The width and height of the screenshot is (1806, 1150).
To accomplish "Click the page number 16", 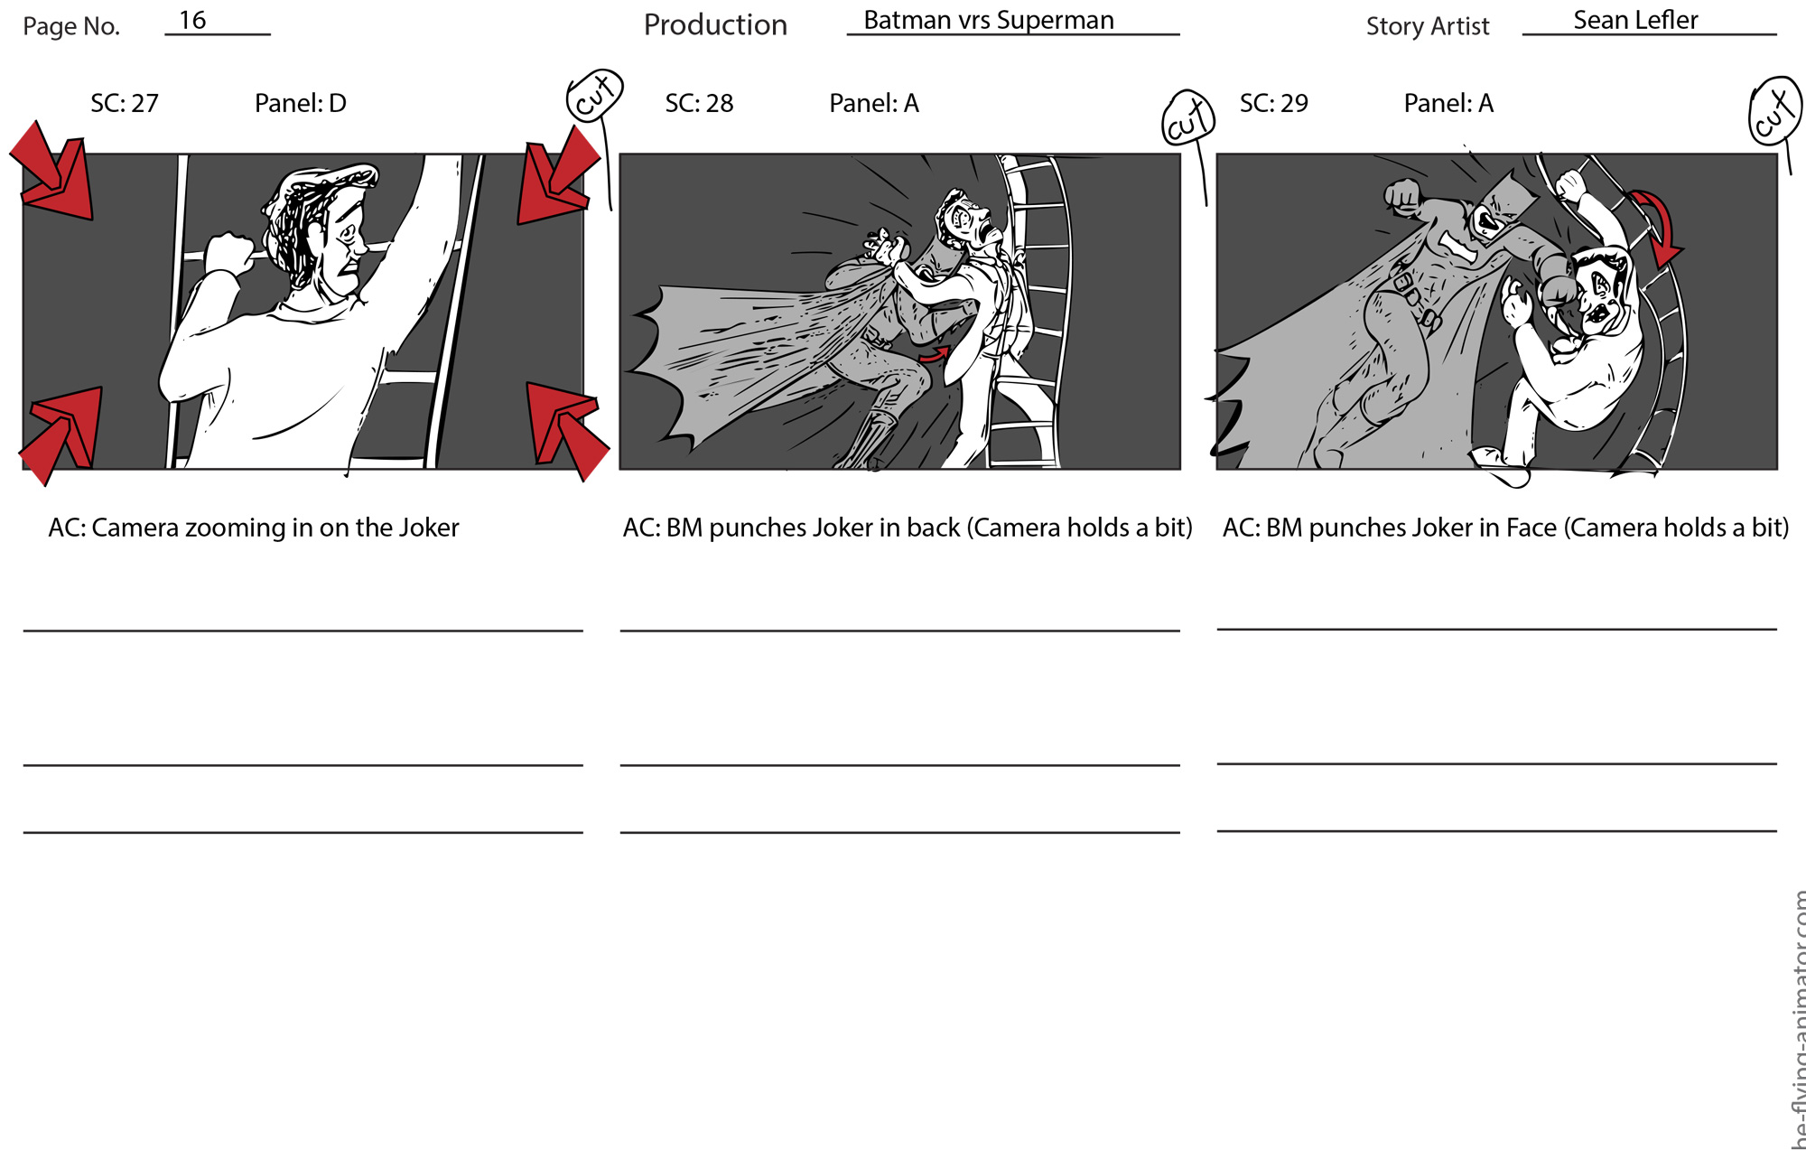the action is pyautogui.click(x=192, y=20).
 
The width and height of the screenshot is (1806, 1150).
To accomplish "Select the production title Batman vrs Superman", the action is pyautogui.click(x=989, y=20).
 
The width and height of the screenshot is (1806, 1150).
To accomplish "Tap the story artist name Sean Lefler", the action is pyautogui.click(x=1635, y=20).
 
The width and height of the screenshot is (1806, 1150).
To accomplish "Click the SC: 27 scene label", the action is pyautogui.click(x=125, y=103).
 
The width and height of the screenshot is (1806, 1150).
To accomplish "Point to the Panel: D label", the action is pyautogui.click(x=301, y=103).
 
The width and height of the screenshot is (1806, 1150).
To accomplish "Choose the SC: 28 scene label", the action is pyautogui.click(x=699, y=103).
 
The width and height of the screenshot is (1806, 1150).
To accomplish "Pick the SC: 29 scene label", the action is pyautogui.click(x=1273, y=103).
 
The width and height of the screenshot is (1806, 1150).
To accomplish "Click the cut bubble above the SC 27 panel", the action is pyautogui.click(x=595, y=96).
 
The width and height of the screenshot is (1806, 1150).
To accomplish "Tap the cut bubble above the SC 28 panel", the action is pyautogui.click(x=1188, y=118).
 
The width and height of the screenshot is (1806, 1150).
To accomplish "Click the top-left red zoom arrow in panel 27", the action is pyautogui.click(x=54, y=173).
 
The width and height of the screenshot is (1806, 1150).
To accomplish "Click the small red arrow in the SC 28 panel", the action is pyautogui.click(x=936, y=355).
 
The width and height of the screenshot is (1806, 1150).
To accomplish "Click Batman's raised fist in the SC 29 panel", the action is pyautogui.click(x=1402, y=196).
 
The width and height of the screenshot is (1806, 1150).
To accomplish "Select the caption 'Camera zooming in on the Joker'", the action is pyautogui.click(x=275, y=528).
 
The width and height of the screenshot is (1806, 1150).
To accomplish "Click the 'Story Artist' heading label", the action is pyautogui.click(x=1428, y=26).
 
